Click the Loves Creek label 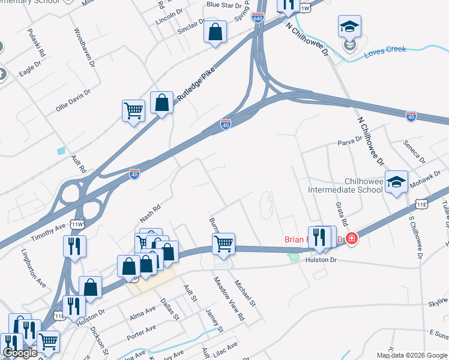click(x=385, y=53)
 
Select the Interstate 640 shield click(x=258, y=19)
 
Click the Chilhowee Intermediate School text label click(x=345, y=185)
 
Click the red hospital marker click(x=351, y=239)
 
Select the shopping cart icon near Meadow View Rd click(x=223, y=244)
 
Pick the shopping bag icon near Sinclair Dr click(x=215, y=32)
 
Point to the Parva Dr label click(x=351, y=140)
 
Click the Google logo click(x=20, y=353)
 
